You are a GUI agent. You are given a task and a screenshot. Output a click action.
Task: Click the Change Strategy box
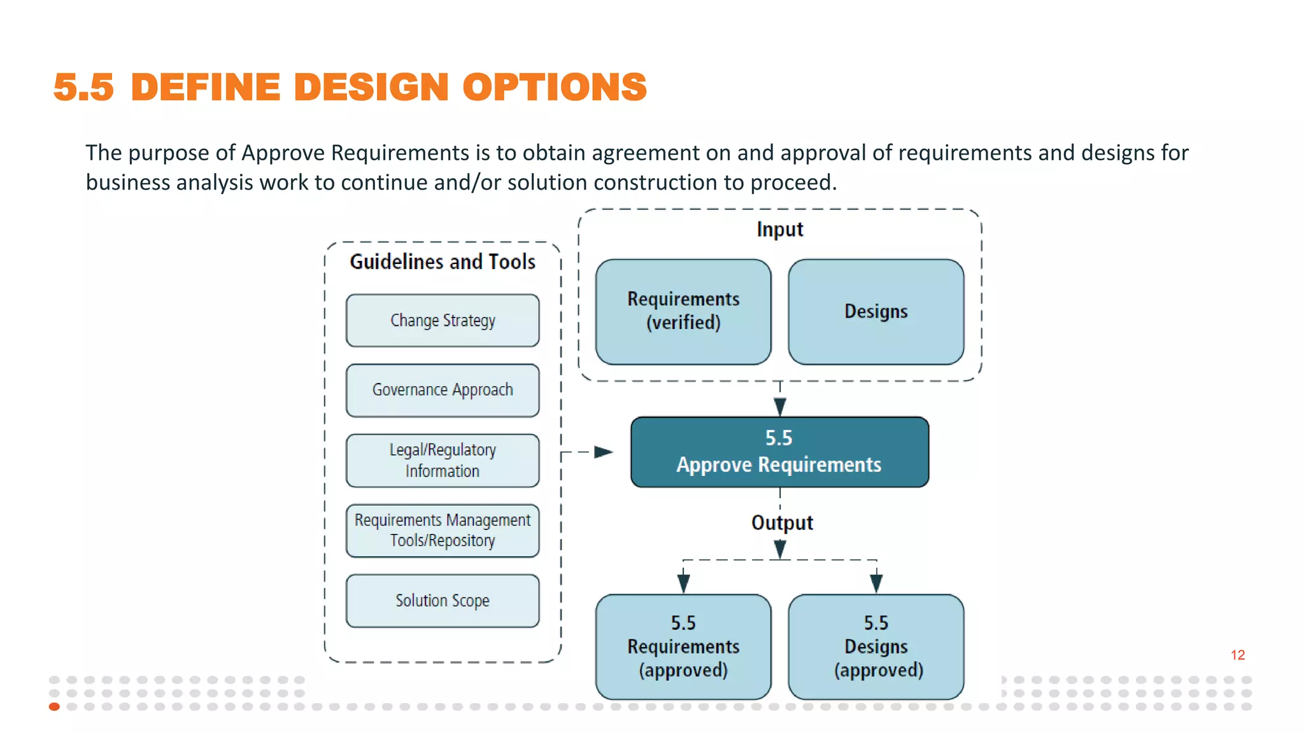point(443,320)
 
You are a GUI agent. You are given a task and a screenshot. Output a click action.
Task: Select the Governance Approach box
point(443,390)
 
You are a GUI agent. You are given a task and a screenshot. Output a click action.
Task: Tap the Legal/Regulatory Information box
point(443,461)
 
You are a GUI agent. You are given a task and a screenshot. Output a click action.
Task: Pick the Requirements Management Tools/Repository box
point(443,531)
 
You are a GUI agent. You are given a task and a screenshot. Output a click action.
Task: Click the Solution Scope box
point(443,601)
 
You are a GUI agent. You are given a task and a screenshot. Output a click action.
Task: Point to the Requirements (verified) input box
point(683,311)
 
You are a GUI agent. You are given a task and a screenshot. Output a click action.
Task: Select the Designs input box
point(875,311)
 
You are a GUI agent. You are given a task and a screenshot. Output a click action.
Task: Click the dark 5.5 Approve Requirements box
point(779,452)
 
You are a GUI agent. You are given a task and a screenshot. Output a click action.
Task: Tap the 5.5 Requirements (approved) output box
point(683,646)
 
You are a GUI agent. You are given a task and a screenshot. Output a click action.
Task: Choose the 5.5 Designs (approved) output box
point(875,646)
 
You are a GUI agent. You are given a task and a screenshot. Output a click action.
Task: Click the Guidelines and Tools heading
point(443,262)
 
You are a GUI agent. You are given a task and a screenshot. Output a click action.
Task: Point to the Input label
point(779,229)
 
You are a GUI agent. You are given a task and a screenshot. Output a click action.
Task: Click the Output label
point(782,522)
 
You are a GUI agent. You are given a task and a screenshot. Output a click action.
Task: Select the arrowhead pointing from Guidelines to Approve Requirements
point(602,452)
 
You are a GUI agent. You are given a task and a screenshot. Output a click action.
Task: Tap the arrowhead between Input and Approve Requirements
point(779,406)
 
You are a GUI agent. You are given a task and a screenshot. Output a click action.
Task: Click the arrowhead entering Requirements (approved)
point(683,583)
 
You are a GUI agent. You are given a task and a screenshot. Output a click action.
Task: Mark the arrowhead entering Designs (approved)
point(876,583)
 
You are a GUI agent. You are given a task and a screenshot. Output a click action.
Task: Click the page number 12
point(1237,655)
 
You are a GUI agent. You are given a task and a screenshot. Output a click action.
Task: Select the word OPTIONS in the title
point(554,87)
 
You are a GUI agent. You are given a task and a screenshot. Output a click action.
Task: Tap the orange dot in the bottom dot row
point(54,706)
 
